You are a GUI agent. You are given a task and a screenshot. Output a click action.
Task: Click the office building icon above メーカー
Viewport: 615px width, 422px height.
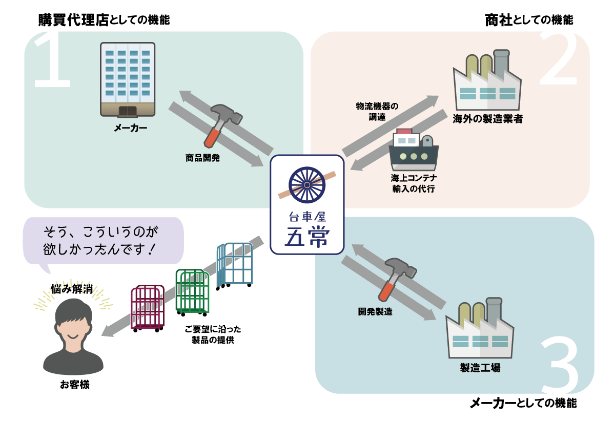128,79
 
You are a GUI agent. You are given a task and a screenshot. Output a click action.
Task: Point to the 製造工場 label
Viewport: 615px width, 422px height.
480,368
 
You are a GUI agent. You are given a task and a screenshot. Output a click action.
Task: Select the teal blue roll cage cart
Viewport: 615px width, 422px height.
236,265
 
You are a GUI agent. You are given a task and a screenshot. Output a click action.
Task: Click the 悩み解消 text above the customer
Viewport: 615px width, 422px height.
72,289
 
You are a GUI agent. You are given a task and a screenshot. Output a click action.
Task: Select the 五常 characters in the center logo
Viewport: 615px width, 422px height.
307,236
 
